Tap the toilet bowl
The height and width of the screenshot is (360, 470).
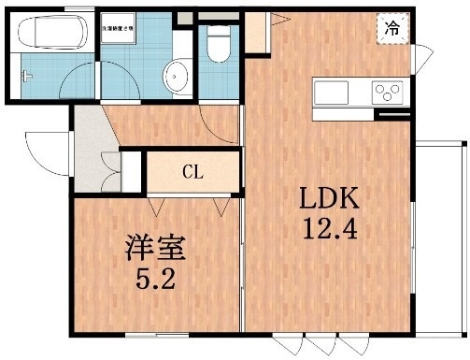[x=219, y=45]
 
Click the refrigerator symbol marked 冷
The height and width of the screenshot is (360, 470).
[x=392, y=29]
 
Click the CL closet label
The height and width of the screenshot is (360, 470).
[x=192, y=172]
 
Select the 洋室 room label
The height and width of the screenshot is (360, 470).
[x=156, y=249]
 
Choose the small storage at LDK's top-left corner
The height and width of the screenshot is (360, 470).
[x=256, y=30]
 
